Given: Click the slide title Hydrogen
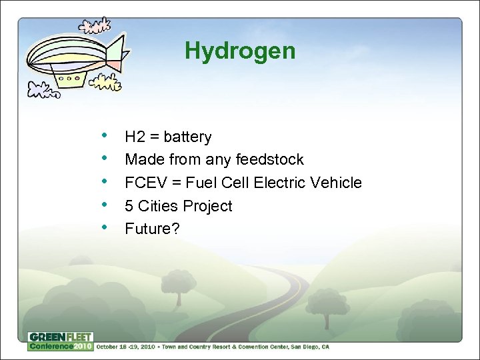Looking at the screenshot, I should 240,51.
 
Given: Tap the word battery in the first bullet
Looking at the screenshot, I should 187,137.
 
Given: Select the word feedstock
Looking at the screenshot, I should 273,160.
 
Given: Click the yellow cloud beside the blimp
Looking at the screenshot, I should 107,83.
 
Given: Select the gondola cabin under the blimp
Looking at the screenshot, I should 69,79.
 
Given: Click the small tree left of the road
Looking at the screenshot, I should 178,283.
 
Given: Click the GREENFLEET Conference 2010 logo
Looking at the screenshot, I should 60,341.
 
